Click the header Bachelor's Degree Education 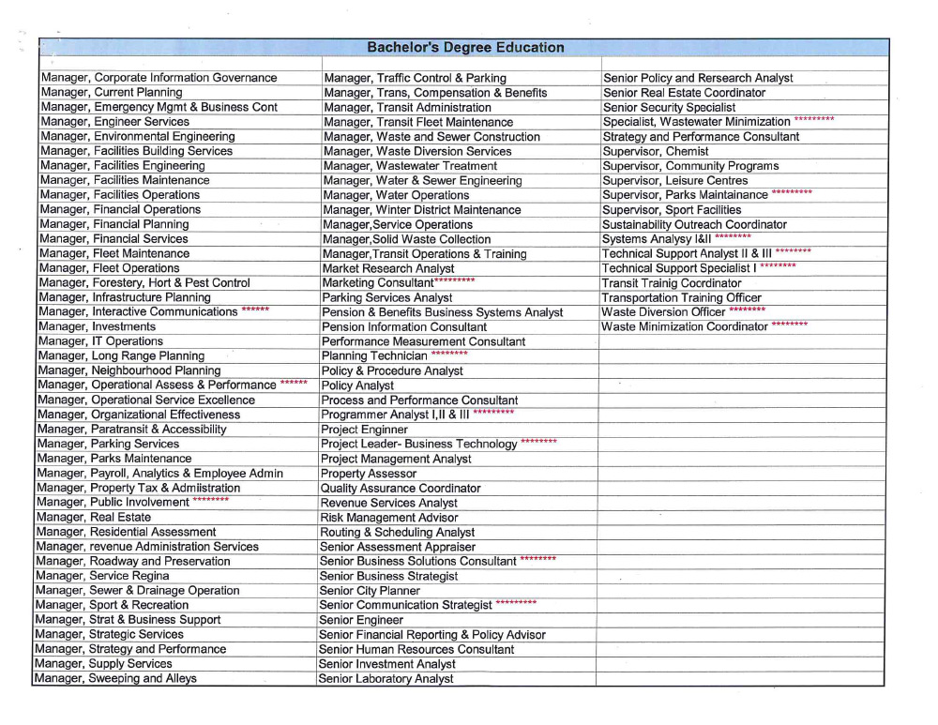tap(465, 47)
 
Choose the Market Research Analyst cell tap(388, 269)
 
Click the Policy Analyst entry tap(357, 385)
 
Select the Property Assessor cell tap(368, 474)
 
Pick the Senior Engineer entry tap(361, 620)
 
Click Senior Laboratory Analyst tap(386, 678)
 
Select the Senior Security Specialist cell tap(669, 108)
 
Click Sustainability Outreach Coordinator tap(694, 225)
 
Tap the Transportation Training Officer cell tap(682, 298)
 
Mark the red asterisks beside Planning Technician tap(449, 354)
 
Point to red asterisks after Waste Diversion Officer tap(747, 310)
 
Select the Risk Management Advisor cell tap(388, 518)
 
